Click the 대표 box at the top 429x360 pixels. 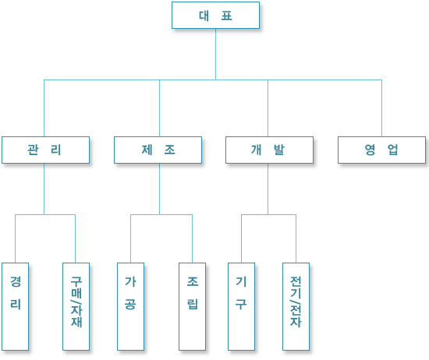coord(215,16)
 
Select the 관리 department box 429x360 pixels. coord(45,150)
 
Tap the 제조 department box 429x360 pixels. coord(158,150)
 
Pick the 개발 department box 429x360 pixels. coord(270,150)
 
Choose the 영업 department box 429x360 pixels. coord(381,150)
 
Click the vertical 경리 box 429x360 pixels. coord(15,306)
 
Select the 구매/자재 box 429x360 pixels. coord(76,306)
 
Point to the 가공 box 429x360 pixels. coord(130,306)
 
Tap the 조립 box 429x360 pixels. coord(192,306)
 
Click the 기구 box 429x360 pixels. coord(241,306)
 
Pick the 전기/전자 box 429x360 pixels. coord(296,306)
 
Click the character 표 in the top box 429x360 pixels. coord(227,16)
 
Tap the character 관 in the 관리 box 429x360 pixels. coord(33,150)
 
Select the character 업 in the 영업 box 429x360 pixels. coord(392,150)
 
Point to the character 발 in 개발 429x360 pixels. coord(279,150)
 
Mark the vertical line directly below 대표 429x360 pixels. coord(215,54)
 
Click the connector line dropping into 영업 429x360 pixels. coord(381,108)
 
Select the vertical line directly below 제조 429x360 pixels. coord(159,189)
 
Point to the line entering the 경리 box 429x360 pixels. coord(15,238)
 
